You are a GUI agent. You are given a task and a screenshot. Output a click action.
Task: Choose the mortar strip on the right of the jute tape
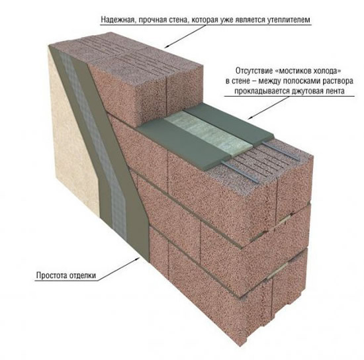230,123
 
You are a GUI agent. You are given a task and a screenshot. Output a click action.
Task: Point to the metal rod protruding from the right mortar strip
281,150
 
